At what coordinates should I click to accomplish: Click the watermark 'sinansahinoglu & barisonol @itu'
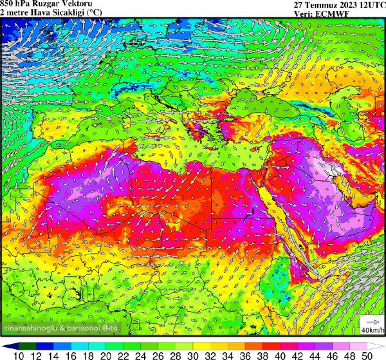62,329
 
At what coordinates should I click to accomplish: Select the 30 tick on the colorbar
193,354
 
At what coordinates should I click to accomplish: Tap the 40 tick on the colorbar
280,354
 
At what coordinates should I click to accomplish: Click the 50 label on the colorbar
366,354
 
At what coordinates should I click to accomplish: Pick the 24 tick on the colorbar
141,354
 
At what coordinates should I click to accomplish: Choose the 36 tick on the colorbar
245,354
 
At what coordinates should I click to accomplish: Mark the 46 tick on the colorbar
332,354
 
